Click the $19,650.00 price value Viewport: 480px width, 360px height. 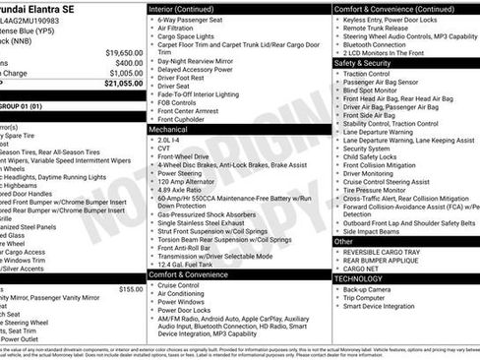click(124, 51)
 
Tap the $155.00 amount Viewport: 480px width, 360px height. click(130, 289)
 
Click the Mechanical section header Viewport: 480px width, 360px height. click(168, 128)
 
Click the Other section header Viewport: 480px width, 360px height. click(343, 240)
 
